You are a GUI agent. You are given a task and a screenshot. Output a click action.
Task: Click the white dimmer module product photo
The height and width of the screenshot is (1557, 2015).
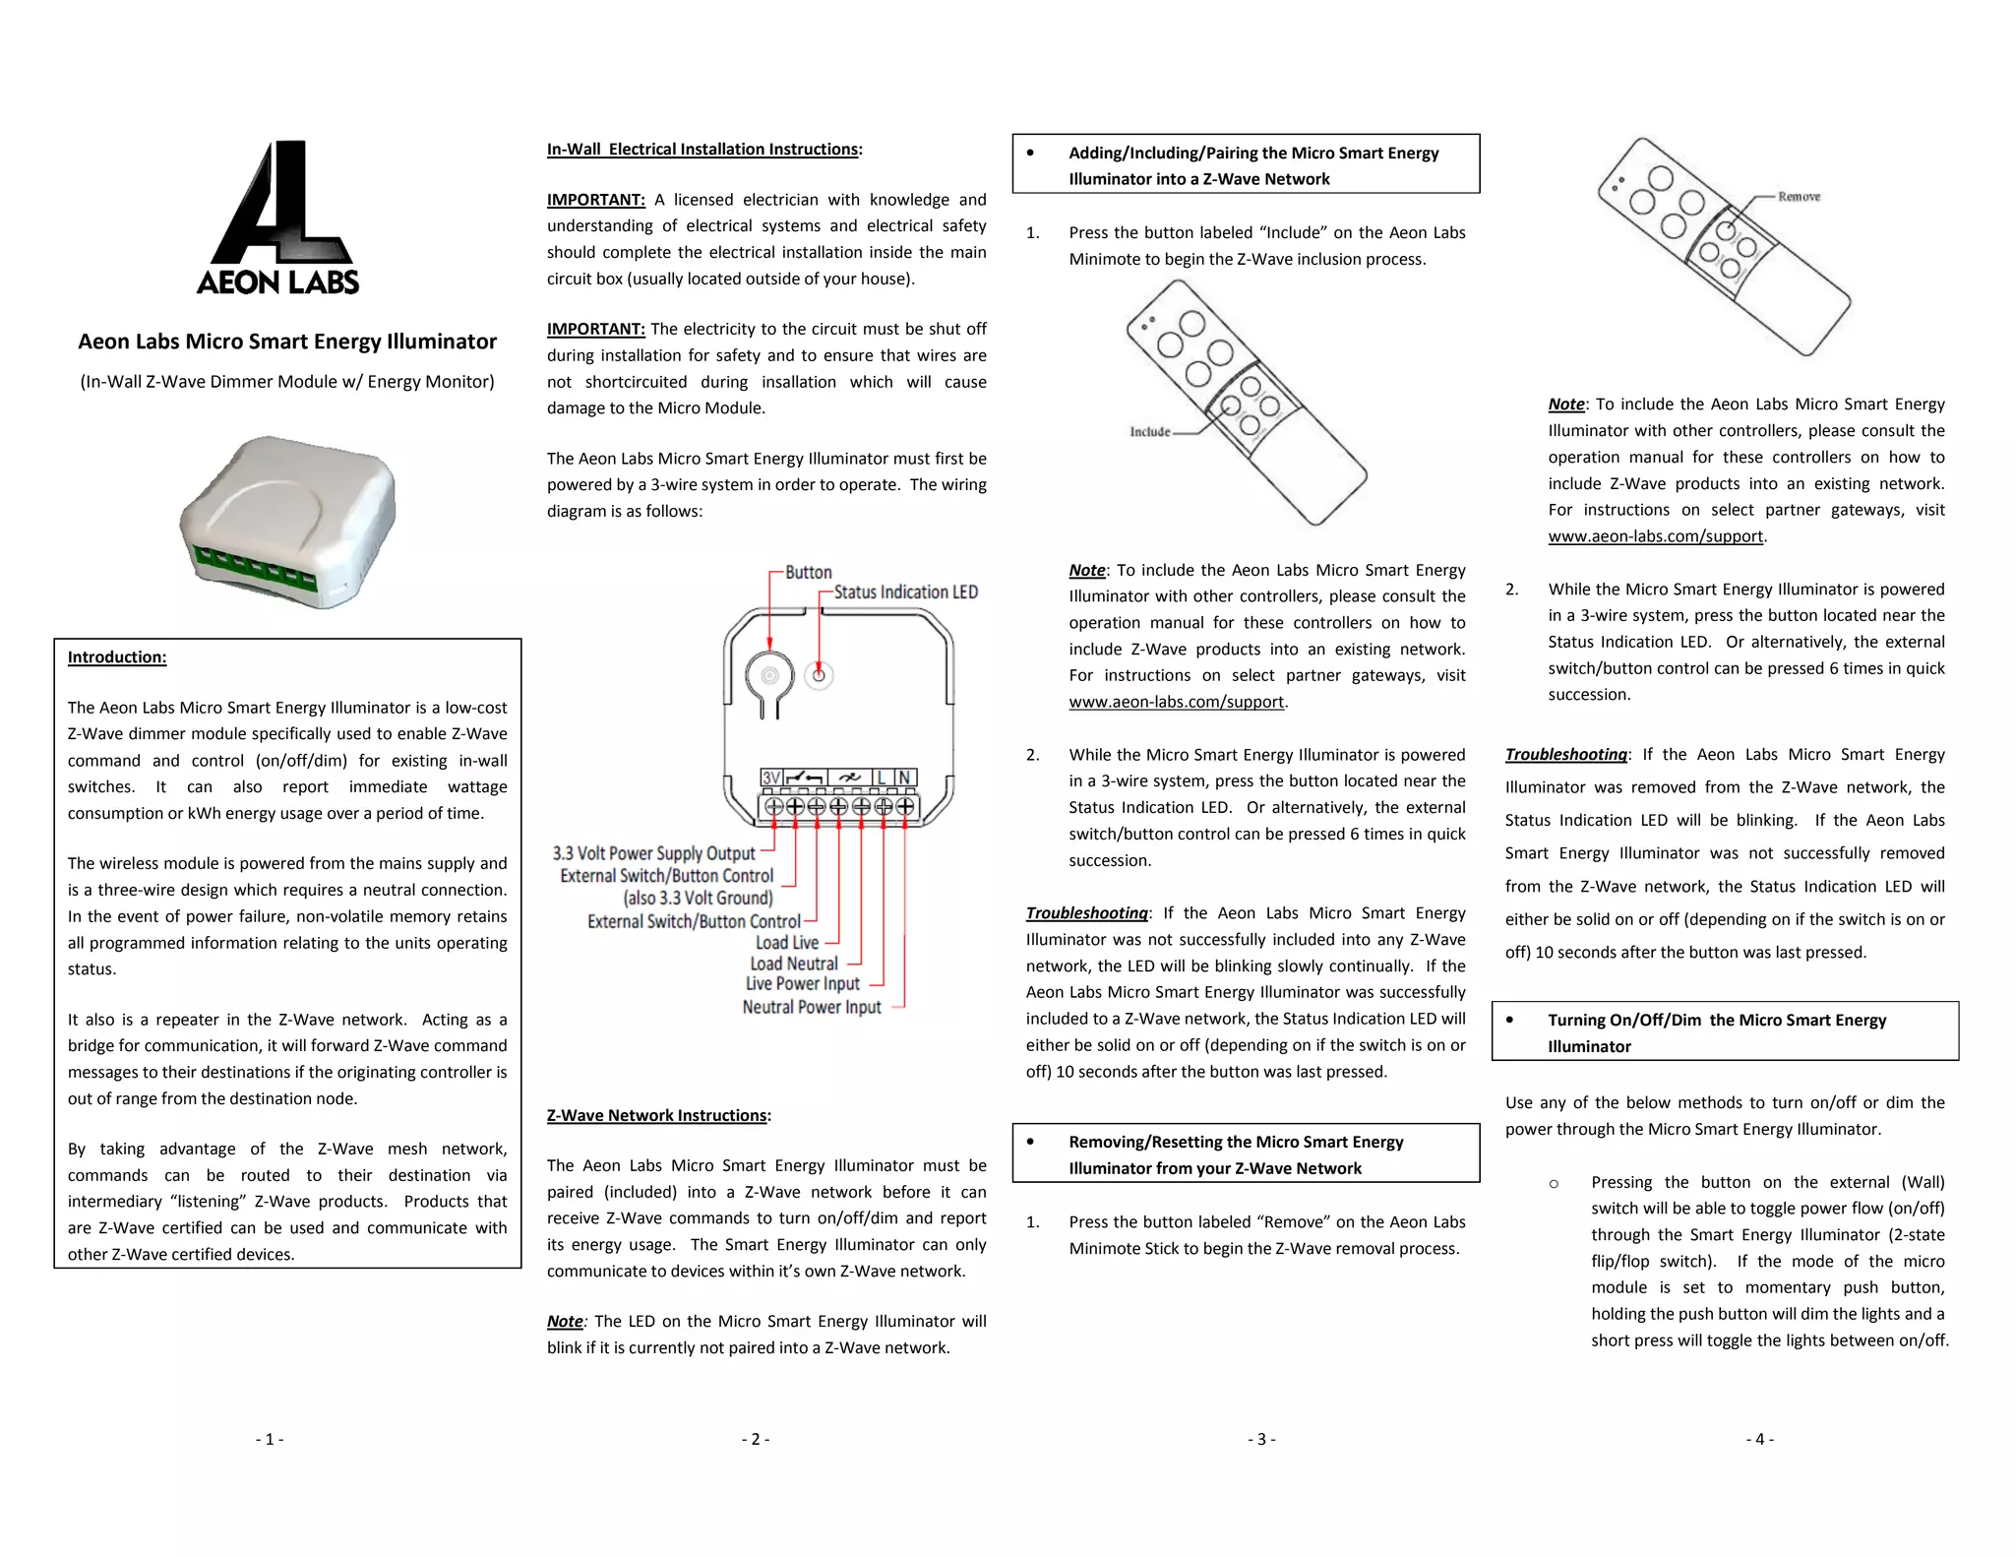[x=288, y=523]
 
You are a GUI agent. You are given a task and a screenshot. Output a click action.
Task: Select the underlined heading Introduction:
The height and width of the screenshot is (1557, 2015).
[x=117, y=657]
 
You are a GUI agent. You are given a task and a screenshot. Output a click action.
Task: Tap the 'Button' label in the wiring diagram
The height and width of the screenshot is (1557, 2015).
[x=808, y=573]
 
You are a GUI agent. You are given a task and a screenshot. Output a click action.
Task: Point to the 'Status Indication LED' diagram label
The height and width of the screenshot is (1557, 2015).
[x=905, y=592]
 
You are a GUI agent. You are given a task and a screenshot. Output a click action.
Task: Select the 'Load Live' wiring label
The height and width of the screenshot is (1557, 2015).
[x=787, y=943]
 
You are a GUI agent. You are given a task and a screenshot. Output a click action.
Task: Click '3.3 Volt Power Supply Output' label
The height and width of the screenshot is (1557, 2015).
[x=653, y=853]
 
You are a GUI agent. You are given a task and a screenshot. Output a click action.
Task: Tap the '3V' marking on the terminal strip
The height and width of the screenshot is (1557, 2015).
[x=771, y=778]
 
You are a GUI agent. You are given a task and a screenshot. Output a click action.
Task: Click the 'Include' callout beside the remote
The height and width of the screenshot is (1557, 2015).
[x=1149, y=432]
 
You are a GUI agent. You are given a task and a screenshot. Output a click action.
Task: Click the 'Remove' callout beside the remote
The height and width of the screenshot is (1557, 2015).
[x=1799, y=197]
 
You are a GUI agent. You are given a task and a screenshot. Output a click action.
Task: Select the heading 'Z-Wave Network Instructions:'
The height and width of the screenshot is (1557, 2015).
[x=658, y=1115]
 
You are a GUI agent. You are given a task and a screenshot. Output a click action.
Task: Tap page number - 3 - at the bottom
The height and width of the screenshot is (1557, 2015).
[x=1261, y=1439]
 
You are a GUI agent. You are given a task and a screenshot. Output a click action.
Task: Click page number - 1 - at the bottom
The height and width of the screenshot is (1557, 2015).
[x=270, y=1439]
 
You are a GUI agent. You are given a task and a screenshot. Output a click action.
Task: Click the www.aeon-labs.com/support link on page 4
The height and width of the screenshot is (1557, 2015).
[x=1655, y=536]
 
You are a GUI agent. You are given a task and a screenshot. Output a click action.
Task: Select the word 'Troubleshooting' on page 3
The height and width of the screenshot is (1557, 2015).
[x=1086, y=913]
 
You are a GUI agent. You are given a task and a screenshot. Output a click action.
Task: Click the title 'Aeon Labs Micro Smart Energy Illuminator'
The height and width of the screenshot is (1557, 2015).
[x=287, y=342]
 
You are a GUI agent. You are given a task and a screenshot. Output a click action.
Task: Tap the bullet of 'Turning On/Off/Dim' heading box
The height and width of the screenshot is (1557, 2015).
[x=1509, y=1020]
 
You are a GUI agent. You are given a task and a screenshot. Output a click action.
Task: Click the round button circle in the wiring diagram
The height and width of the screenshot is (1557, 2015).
[x=769, y=675]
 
